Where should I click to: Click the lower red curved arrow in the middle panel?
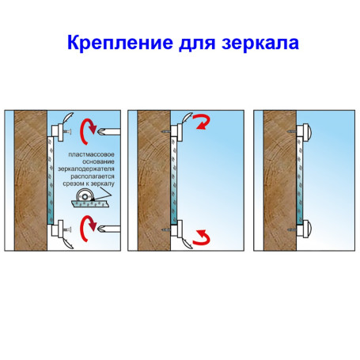(203, 236)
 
